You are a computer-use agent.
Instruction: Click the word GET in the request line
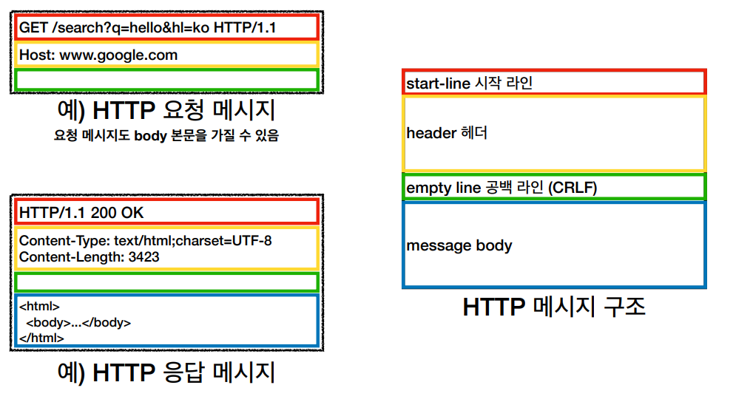(33, 28)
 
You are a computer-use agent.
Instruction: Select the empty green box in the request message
(166, 80)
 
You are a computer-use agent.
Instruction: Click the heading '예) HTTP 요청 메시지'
(166, 111)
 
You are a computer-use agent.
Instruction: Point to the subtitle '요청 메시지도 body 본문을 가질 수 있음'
(166, 136)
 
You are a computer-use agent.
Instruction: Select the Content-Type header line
(145, 241)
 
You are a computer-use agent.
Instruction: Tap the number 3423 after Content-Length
(143, 257)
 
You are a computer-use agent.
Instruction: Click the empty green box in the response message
(166, 282)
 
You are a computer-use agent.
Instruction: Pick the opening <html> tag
(39, 306)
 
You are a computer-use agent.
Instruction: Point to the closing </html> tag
(41, 338)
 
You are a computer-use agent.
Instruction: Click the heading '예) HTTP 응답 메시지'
(166, 372)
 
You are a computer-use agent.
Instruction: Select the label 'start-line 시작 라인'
(469, 84)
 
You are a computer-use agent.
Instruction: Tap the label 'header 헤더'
(447, 134)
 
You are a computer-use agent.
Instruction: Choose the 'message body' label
(459, 245)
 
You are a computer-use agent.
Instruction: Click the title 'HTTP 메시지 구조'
(554, 307)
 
